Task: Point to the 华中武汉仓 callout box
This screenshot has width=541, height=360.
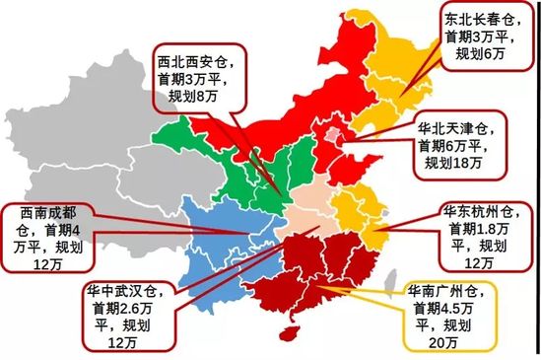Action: [x=128, y=314]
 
